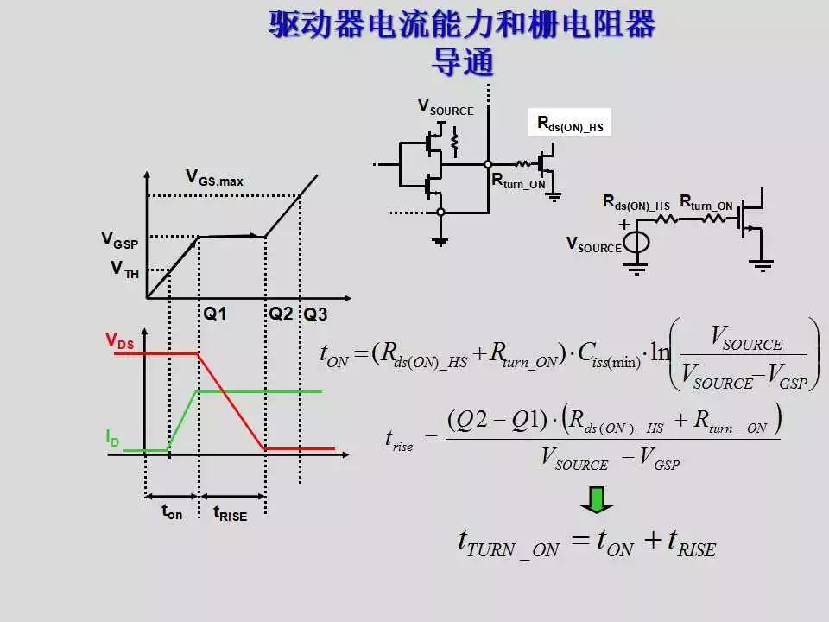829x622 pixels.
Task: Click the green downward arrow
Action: tap(597, 498)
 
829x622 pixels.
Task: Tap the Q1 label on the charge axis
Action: tap(215, 314)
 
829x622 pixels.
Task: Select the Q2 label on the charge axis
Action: tap(281, 314)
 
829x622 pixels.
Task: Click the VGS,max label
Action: tap(214, 178)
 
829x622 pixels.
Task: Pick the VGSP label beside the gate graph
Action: tap(119, 240)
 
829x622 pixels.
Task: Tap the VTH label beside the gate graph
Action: tap(124, 270)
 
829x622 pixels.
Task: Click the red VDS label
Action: tap(120, 341)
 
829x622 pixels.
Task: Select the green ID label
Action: tap(113, 439)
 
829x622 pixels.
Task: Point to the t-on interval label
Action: tap(172, 511)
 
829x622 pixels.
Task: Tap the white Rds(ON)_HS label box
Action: tap(570, 124)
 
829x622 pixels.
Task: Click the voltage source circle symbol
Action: tap(636, 242)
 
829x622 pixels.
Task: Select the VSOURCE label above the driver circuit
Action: tap(446, 107)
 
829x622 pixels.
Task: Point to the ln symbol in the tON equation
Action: tap(660, 354)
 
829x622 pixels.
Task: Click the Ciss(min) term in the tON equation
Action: tap(610, 356)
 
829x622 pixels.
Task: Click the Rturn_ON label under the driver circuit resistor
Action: tap(518, 181)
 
